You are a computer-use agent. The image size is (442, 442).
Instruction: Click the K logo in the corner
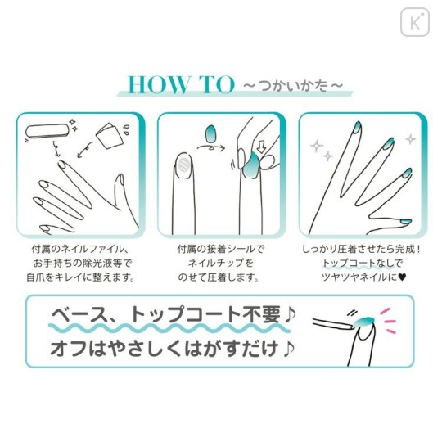click(414, 21)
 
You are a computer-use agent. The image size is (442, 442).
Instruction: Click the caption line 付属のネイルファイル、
click(76, 248)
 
